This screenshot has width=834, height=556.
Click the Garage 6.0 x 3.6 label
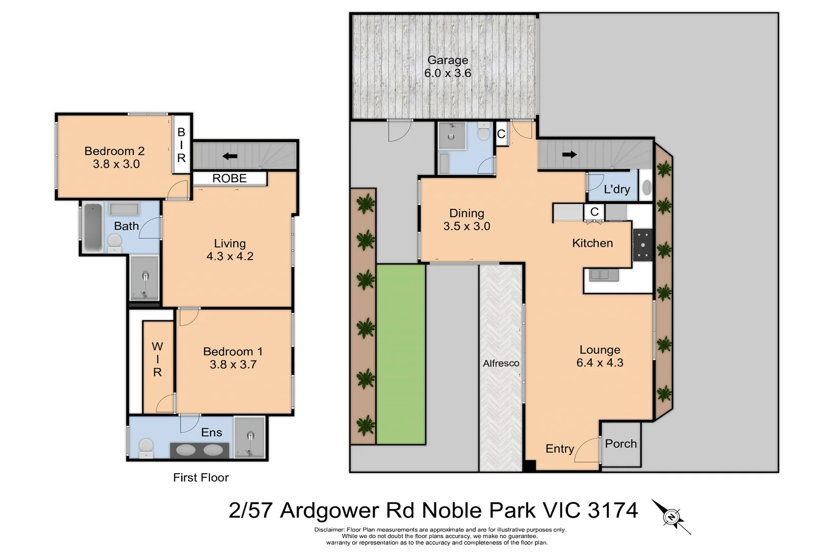point(447,67)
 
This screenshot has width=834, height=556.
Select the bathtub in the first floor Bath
point(93,227)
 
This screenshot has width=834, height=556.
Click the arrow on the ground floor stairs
point(569,154)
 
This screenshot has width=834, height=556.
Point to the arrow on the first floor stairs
point(230,156)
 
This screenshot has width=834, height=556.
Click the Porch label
point(621,444)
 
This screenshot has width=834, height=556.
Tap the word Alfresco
point(501,363)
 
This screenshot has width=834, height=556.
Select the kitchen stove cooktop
point(642,245)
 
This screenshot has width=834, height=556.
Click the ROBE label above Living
point(230,179)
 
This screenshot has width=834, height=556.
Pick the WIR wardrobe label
point(158,359)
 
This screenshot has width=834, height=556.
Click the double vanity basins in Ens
point(200,450)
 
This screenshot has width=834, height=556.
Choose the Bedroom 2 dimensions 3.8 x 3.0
point(116,164)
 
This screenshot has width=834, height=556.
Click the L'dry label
point(617,189)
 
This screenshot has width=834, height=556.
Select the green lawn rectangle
point(401,354)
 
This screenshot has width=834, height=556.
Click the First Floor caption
point(201,478)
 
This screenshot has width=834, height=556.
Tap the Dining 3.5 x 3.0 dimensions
point(466,227)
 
